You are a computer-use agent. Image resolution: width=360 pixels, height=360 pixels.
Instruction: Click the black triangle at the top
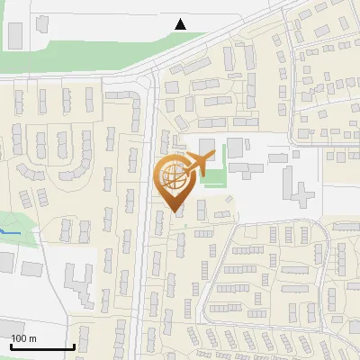coord(181,24)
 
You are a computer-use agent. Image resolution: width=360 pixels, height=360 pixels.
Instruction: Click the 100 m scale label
coord(23,338)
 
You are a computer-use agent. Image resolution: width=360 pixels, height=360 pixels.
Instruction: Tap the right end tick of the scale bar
coord(72,346)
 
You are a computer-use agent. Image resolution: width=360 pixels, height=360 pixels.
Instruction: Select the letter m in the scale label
coord(31,338)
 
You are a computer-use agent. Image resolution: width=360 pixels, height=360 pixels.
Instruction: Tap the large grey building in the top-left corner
coord(15,34)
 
